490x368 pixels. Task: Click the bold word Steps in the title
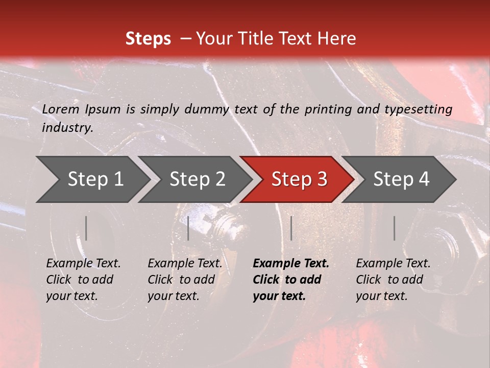148,39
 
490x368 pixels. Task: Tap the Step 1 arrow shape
92,179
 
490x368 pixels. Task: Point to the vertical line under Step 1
86,228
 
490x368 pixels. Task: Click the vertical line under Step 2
188,228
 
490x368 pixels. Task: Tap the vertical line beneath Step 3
291,228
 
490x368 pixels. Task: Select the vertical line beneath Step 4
394,228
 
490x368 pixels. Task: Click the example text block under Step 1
83,280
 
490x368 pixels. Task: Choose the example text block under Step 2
185,280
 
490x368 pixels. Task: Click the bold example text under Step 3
291,280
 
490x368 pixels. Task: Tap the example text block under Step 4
393,280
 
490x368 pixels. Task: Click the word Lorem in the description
60,109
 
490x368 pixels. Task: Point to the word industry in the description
67,127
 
